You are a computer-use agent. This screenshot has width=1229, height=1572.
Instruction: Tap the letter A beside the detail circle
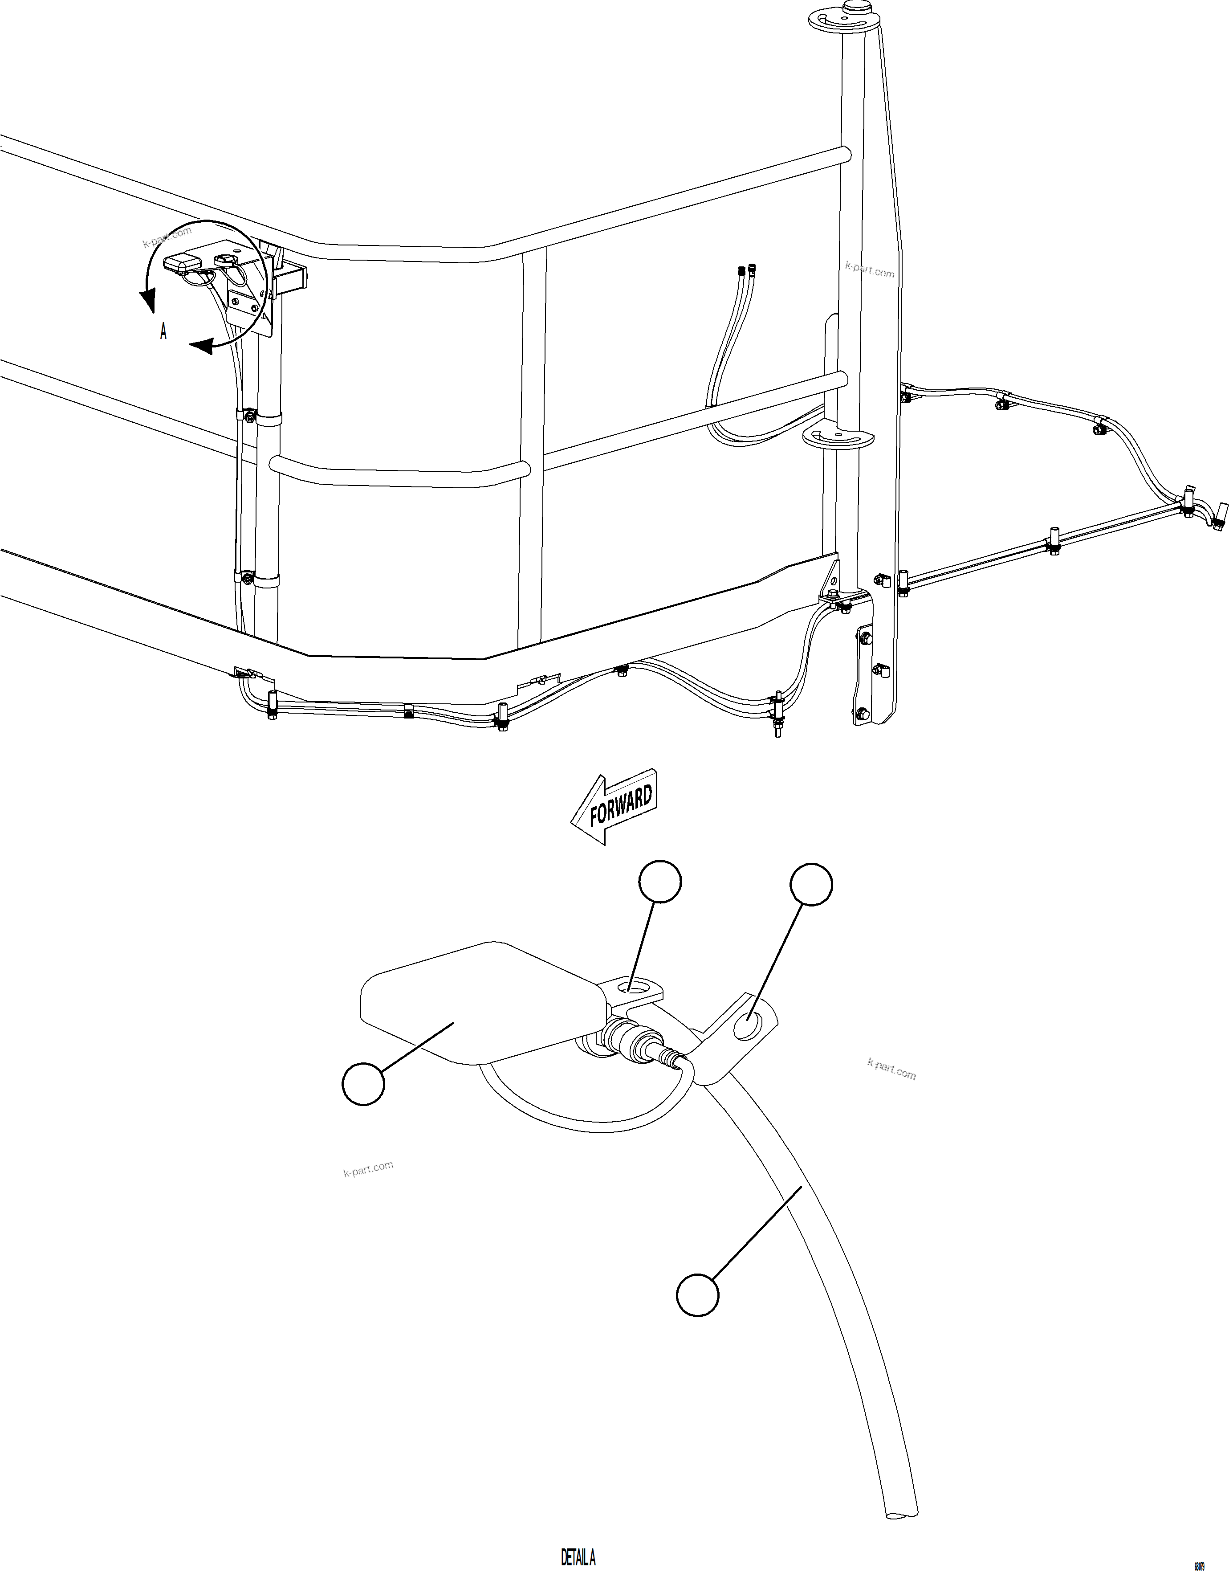163,332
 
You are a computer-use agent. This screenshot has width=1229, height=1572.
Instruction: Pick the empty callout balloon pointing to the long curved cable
697,1296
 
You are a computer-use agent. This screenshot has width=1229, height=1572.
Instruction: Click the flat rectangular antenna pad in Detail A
475,1004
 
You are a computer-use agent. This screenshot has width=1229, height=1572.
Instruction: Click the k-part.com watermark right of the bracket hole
891,1069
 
